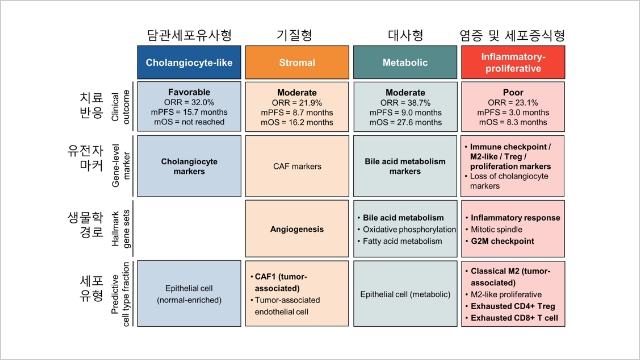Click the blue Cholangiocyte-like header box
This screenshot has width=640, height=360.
190,63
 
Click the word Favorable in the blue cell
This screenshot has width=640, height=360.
190,91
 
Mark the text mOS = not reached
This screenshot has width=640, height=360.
190,122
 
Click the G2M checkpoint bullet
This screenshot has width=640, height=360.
505,242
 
